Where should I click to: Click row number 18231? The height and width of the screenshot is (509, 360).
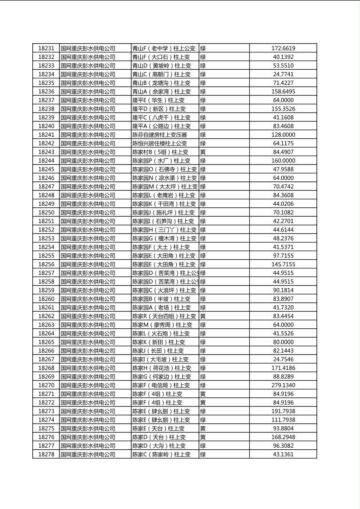[x=46, y=48]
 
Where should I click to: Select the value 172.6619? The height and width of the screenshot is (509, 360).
[x=283, y=48]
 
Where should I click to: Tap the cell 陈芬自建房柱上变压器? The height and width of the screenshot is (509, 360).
[x=160, y=135]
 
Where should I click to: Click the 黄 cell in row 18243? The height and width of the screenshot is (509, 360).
[x=203, y=152]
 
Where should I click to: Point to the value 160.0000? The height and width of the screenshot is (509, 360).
[x=283, y=161]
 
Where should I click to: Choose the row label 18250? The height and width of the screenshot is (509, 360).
[x=46, y=213]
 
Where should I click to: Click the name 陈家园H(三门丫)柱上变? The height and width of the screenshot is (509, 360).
[x=164, y=230]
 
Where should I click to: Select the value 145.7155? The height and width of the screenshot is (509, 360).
[x=283, y=265]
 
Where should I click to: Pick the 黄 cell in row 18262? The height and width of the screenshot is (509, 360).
[x=203, y=316]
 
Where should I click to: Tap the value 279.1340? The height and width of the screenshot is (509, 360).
[x=283, y=386]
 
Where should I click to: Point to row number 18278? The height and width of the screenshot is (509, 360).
[x=46, y=455]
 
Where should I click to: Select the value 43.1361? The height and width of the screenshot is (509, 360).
[x=283, y=455]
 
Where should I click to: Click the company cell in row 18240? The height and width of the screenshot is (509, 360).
[x=88, y=126]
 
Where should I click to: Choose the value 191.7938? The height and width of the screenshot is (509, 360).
[x=283, y=411]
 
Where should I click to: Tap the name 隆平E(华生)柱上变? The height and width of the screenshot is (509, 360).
[x=159, y=100]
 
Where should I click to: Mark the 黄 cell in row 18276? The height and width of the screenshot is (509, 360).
[x=203, y=437]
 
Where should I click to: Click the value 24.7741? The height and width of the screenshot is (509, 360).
[x=283, y=74]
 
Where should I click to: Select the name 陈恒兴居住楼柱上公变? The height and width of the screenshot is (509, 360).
[x=160, y=144]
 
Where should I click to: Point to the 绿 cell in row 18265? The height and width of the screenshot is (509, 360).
[x=203, y=342]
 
